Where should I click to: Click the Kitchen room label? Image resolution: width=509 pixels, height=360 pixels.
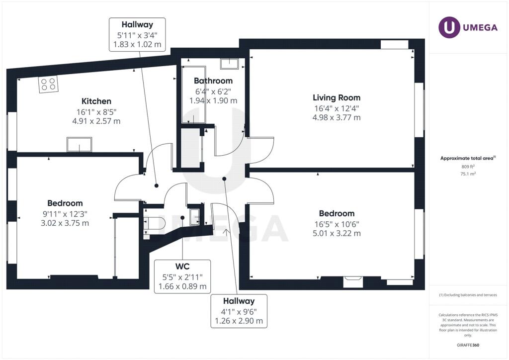pos(96,101)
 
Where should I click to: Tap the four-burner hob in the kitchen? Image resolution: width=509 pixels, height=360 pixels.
pos(48,84)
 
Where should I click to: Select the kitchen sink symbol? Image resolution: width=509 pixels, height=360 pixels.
pos(79,145)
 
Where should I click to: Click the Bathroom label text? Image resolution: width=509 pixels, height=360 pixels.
pos(213,81)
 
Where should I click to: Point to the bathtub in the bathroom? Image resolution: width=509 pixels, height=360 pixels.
pos(193,95)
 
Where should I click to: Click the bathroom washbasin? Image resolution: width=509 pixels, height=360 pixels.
pos(229,64)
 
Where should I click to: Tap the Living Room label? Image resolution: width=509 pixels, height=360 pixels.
pos(337,98)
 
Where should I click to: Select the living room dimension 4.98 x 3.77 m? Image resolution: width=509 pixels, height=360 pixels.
pos(337,117)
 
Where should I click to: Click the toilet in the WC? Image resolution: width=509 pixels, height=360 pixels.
pos(155,223)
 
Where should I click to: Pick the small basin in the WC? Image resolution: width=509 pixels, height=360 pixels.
pos(195,216)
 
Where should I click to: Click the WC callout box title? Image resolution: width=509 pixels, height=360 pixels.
pos(182,267)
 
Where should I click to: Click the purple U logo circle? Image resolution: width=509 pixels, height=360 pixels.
pos(449,27)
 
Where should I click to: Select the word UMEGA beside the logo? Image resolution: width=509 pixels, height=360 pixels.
pos(480,27)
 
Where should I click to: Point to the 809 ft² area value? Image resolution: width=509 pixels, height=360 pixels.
pos(468,167)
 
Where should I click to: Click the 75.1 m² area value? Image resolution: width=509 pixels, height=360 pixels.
pos(468,174)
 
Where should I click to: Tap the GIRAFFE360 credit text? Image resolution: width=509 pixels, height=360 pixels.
pos(468,345)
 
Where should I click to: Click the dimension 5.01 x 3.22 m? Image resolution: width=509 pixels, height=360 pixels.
pos(337,233)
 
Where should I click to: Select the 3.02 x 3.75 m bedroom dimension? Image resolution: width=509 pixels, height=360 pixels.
pos(65,223)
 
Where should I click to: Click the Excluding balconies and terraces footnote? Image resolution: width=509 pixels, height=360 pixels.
pos(468,295)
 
